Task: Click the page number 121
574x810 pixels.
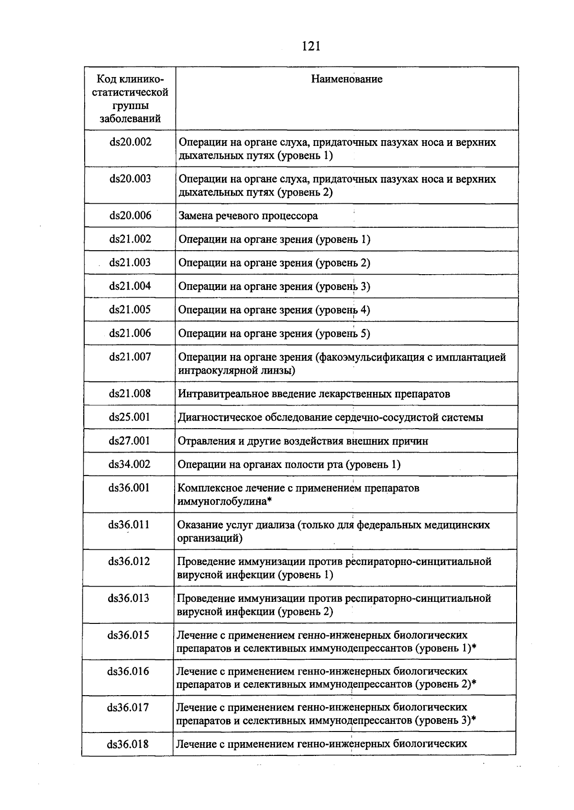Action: [310, 46]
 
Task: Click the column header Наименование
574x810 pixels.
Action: [346, 79]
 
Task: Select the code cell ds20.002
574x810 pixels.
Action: [130, 142]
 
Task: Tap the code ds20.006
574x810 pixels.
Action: [130, 216]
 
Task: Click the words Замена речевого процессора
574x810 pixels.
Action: [248, 216]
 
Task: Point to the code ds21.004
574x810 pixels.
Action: [130, 286]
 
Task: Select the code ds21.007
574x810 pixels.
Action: [130, 357]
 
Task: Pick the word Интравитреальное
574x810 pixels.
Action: [219, 394]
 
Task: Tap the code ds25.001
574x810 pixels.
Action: [129, 417]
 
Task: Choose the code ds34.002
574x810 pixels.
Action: [129, 465]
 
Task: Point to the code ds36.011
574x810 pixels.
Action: [129, 525]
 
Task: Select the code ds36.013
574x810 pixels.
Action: [128, 599]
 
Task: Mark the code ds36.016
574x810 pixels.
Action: [128, 672]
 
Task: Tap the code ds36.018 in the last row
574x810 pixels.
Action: [128, 744]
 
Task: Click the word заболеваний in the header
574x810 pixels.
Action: [130, 119]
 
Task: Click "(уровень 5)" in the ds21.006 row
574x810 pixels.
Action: [342, 334]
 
